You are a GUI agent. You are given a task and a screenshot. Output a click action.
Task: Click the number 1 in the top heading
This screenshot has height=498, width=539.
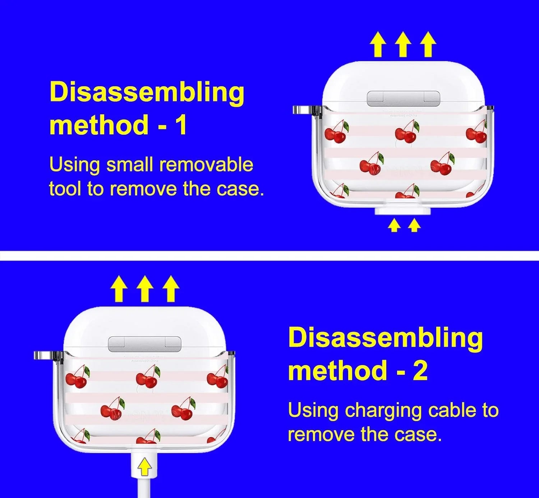(x=180, y=125)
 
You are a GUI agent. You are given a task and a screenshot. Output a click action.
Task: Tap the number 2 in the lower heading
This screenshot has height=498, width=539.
(x=420, y=370)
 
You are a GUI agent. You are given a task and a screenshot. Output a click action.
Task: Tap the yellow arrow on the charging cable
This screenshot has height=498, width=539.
(x=144, y=466)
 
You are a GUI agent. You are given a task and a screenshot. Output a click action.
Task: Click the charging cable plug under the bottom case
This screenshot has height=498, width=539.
(x=144, y=463)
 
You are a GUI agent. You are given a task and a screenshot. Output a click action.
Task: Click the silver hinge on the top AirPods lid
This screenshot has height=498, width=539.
(x=403, y=98)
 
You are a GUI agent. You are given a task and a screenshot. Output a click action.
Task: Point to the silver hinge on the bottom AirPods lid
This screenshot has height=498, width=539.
(x=145, y=344)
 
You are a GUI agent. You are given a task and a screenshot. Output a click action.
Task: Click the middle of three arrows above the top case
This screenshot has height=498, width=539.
(x=403, y=44)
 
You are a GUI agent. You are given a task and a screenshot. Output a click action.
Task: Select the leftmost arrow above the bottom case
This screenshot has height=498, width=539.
(x=119, y=289)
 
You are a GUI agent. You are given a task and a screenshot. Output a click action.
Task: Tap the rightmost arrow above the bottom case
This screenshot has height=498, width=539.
(x=171, y=289)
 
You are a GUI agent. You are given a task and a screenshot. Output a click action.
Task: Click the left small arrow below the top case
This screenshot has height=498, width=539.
(x=394, y=226)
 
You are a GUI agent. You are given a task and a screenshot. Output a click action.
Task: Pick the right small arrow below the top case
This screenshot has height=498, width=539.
(x=414, y=226)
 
